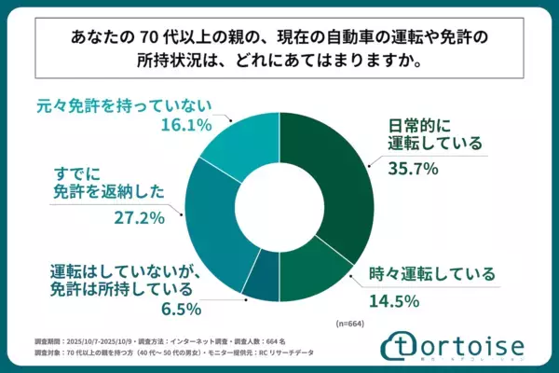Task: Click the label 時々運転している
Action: coord(419,276)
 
